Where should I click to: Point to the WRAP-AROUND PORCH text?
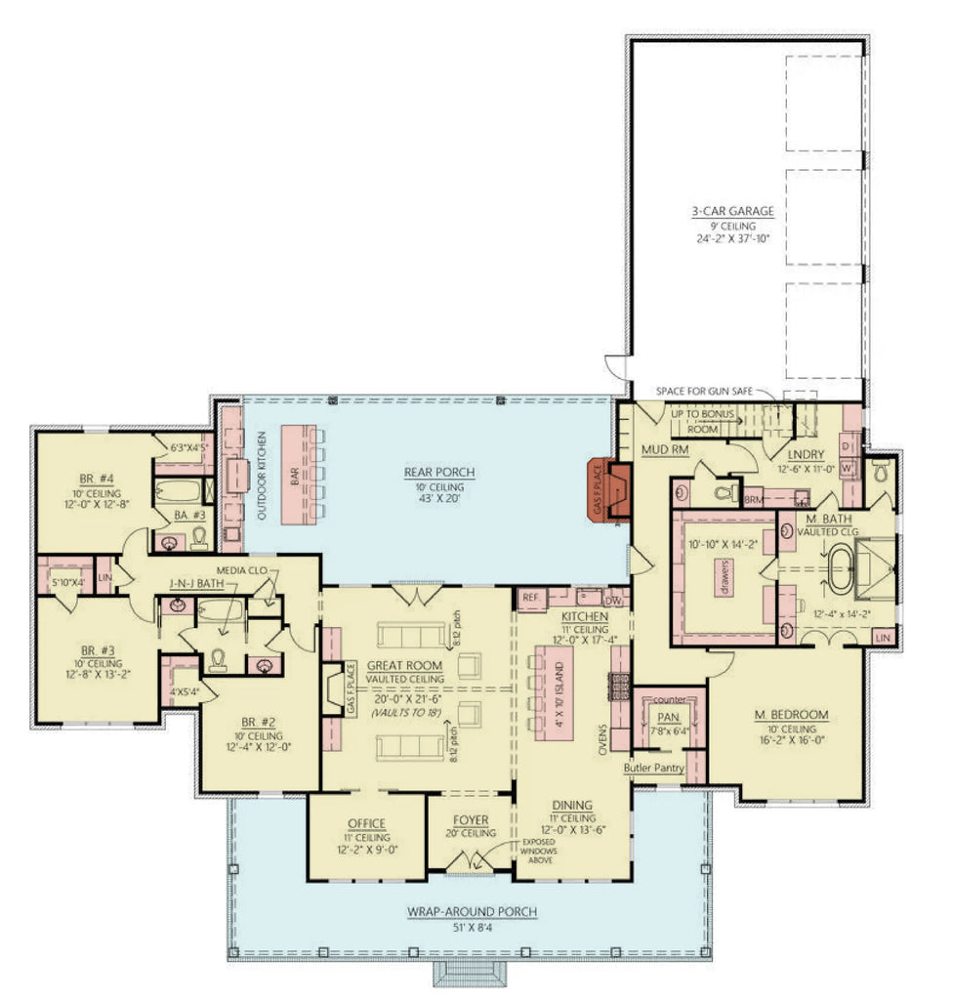click(x=472, y=911)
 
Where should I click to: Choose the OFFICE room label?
click(x=366, y=823)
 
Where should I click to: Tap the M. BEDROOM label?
click(x=791, y=715)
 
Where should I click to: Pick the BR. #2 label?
click(x=259, y=722)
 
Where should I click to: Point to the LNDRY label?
click(x=807, y=454)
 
